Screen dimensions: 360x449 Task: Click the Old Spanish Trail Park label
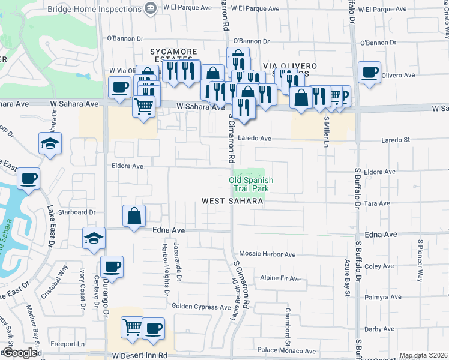point(251,184)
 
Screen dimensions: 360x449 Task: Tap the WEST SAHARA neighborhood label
point(232,202)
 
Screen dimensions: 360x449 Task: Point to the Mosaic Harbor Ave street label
point(268,254)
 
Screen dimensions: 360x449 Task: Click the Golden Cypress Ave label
point(201,307)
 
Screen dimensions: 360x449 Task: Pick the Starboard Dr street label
point(76,212)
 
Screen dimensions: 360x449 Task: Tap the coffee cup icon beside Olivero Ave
point(369,73)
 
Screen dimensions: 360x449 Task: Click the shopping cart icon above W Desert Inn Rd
point(133,328)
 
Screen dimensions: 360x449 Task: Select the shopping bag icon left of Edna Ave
point(134,216)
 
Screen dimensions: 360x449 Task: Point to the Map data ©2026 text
point(424,355)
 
